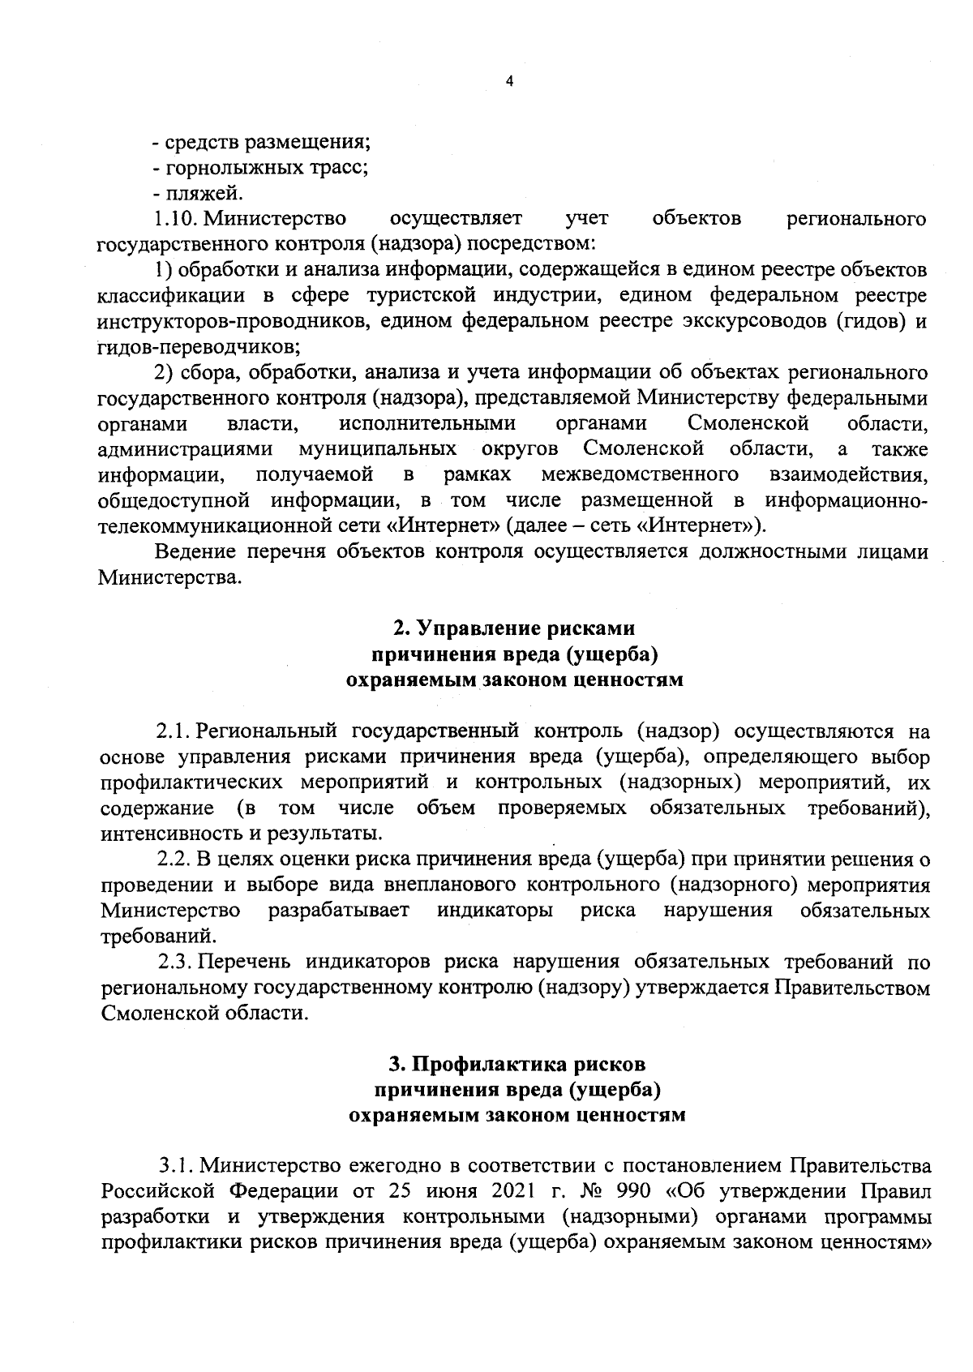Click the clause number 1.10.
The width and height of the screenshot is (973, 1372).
[174, 219]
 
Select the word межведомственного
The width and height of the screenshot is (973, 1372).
[640, 474]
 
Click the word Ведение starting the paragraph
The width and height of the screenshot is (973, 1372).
[195, 551]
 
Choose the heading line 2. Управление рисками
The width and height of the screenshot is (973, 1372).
[514, 628]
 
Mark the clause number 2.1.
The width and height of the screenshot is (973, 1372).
[173, 731]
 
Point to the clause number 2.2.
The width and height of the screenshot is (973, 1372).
[174, 859]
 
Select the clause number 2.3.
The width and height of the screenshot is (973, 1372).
[174, 962]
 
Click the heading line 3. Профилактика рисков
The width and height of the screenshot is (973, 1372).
[517, 1064]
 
